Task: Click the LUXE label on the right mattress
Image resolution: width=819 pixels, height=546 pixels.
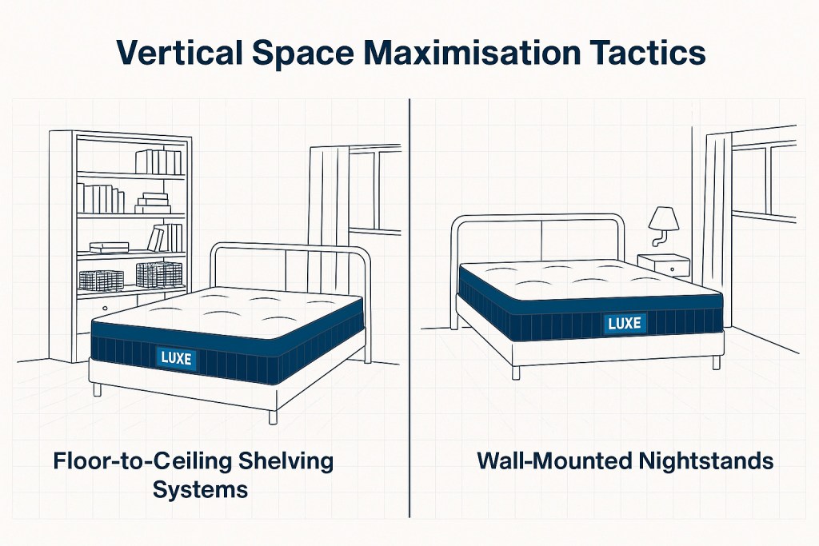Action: click(x=625, y=324)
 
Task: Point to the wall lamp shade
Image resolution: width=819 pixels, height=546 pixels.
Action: click(x=663, y=217)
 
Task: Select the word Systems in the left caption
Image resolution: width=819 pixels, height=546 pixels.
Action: click(x=201, y=488)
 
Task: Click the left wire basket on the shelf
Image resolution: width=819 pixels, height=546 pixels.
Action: click(x=100, y=280)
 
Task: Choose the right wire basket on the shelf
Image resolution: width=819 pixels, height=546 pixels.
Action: click(x=158, y=274)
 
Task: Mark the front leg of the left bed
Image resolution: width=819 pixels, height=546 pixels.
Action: click(x=273, y=416)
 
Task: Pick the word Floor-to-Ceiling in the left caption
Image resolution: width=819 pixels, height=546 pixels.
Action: click(x=133, y=461)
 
